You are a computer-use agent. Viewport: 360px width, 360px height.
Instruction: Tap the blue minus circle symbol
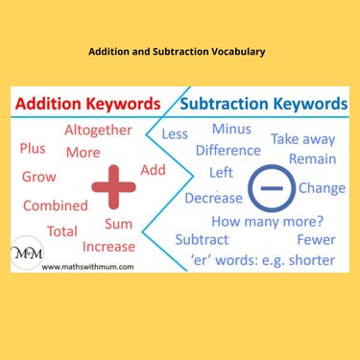click(x=270, y=187)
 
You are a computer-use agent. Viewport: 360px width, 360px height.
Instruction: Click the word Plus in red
click(x=33, y=148)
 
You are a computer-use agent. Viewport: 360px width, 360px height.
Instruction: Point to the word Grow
click(x=38, y=177)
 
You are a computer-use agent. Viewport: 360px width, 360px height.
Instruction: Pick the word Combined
click(x=55, y=204)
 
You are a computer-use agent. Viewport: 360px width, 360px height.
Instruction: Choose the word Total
click(x=62, y=230)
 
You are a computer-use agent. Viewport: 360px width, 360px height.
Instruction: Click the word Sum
click(x=118, y=224)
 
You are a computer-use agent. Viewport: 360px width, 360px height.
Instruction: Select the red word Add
click(x=153, y=169)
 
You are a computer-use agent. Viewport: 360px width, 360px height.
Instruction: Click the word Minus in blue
click(x=231, y=130)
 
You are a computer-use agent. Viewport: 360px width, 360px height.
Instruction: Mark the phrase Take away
click(x=302, y=139)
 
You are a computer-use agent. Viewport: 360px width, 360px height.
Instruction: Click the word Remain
click(x=312, y=158)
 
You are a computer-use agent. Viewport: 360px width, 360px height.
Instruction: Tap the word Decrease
click(x=213, y=198)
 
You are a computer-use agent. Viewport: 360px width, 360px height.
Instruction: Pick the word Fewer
click(x=316, y=239)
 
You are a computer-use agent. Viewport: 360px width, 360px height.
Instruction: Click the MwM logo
click(x=26, y=254)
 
